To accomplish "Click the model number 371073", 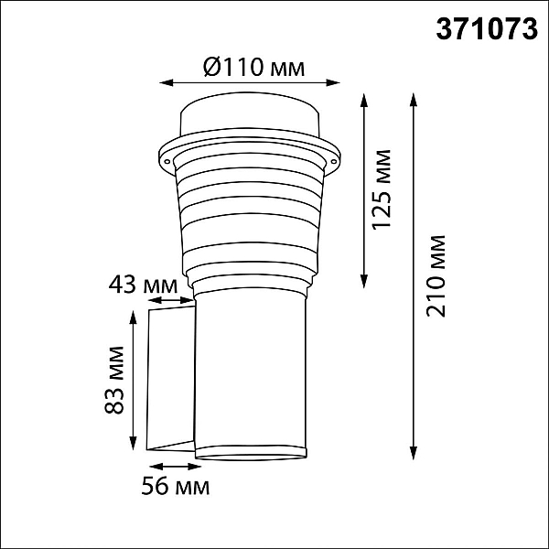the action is (487, 29).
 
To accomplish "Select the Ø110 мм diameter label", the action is (253, 67).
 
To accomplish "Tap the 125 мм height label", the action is (382, 189).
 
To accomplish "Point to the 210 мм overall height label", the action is (436, 276).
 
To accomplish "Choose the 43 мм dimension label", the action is (144, 285).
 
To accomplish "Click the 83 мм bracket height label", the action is (114, 381).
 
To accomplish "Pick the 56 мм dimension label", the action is (176, 486).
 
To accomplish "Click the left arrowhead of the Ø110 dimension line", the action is (167, 83).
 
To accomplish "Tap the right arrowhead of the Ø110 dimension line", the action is (333, 83).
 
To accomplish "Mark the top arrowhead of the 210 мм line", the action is (414, 100).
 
